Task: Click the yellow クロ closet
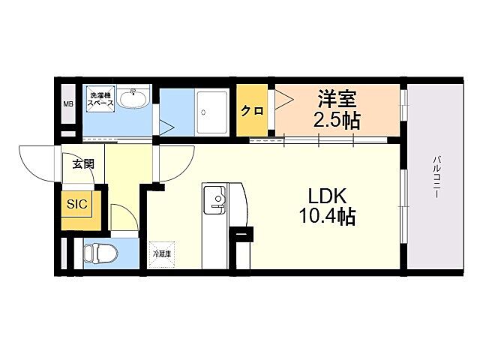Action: click(251, 111)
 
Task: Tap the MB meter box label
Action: click(67, 104)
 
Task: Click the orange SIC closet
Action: click(77, 204)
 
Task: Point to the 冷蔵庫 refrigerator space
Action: click(162, 254)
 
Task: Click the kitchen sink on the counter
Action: click(217, 200)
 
